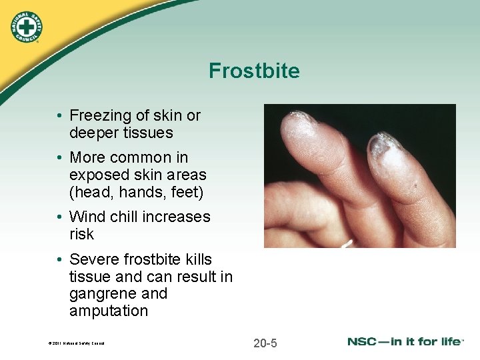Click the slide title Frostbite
pyautogui.click(x=254, y=71)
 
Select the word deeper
pyautogui.click(x=93, y=133)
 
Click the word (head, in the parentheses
pyautogui.click(x=88, y=192)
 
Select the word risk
pyautogui.click(x=81, y=234)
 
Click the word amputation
pyautogui.click(x=108, y=311)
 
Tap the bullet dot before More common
pyautogui.click(x=59, y=158)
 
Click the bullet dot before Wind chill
pyautogui.click(x=59, y=217)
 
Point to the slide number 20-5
pyautogui.click(x=265, y=343)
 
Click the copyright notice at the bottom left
pyautogui.click(x=76, y=344)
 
